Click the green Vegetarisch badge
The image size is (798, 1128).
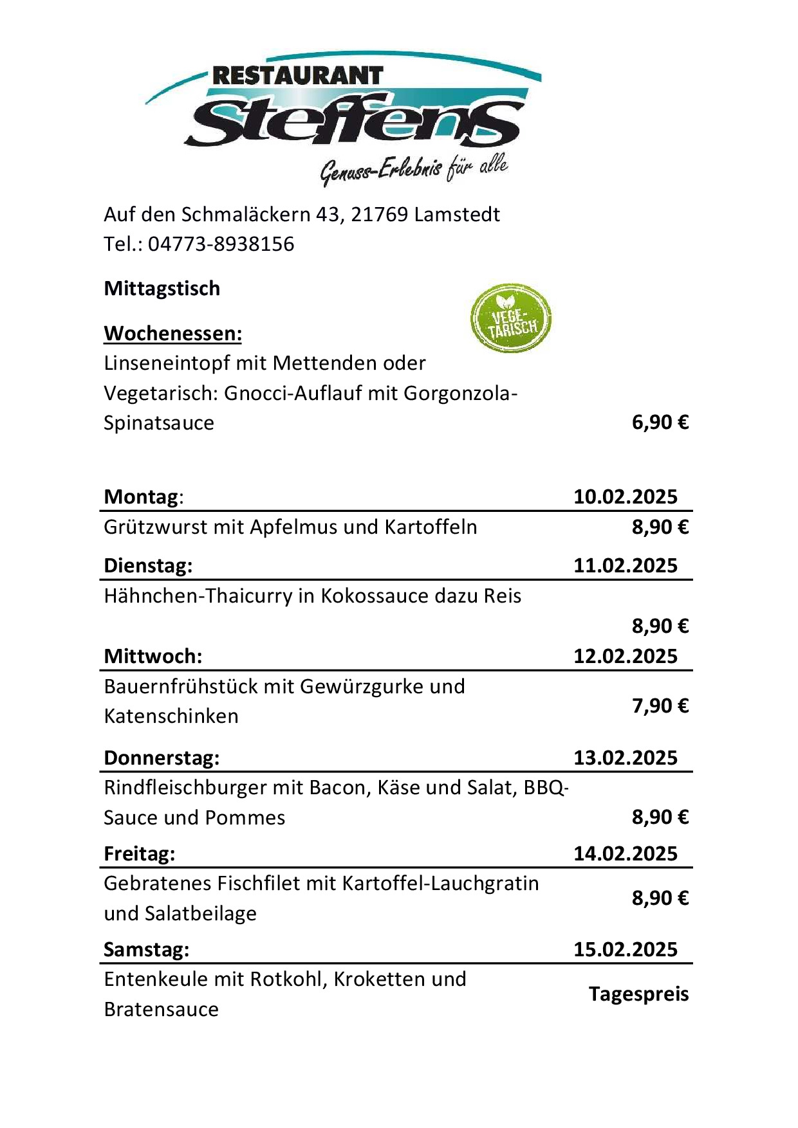(511, 319)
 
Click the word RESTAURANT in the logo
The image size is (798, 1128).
(297, 76)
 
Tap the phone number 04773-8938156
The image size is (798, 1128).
(221, 244)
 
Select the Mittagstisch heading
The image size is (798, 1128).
(162, 289)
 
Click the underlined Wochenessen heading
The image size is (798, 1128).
(173, 334)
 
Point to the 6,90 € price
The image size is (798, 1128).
(660, 423)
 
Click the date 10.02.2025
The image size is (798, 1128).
(626, 497)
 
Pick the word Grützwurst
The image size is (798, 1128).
(156, 527)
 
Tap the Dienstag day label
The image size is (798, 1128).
(148, 566)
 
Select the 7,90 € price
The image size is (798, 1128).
(660, 706)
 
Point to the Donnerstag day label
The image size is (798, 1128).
(162, 758)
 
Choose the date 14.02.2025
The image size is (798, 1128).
(626, 854)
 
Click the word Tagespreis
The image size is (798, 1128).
(638, 994)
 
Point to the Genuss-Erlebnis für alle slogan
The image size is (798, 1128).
(414, 170)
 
